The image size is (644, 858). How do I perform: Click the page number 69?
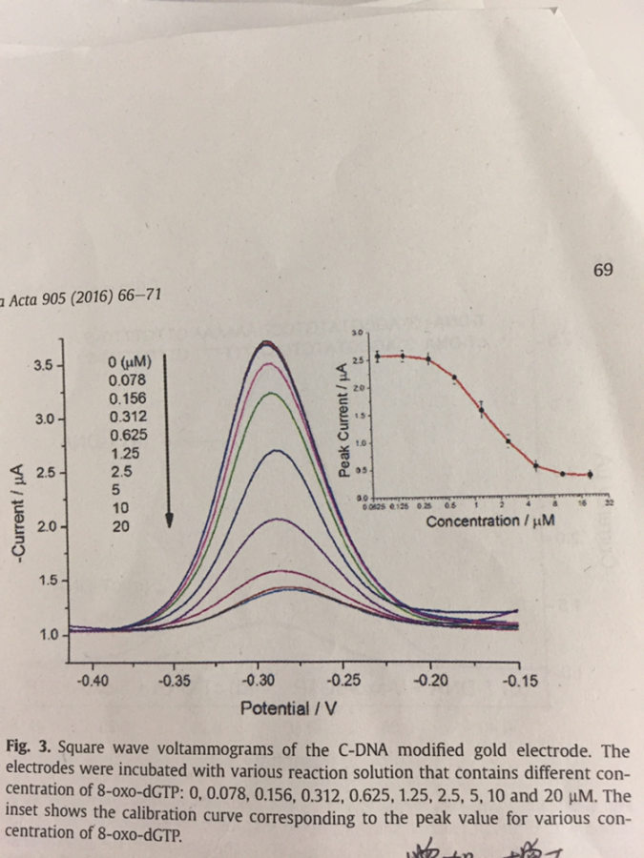point(602,270)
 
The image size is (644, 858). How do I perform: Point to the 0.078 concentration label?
point(128,379)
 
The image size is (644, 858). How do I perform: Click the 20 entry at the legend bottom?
point(122,525)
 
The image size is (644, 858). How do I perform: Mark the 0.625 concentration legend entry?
point(128,434)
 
